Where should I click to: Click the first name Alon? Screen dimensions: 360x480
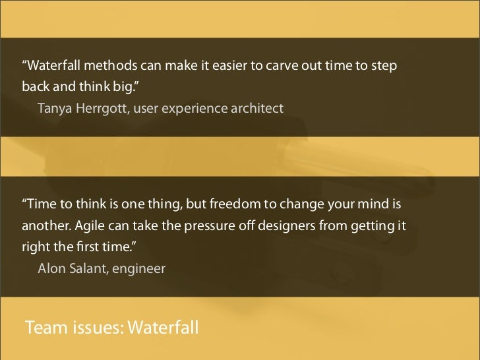tap(51, 268)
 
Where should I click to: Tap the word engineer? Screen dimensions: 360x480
tap(142, 268)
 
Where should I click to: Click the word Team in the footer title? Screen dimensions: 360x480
tap(44, 327)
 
